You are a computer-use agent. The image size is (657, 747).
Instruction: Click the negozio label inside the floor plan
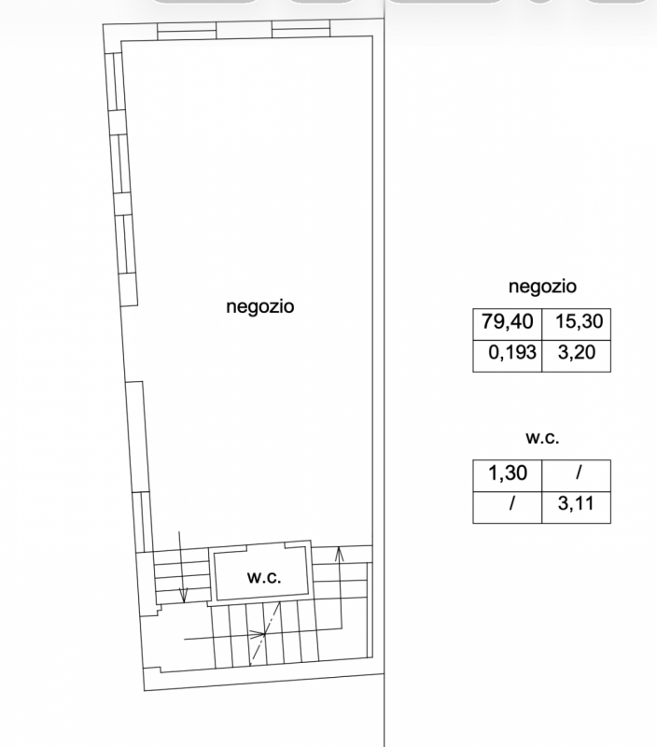coord(260,306)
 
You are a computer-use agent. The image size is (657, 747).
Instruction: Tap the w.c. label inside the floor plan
coord(264,577)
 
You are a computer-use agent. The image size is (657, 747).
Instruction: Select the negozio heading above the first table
coord(542,287)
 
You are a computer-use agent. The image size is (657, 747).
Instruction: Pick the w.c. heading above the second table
coord(542,438)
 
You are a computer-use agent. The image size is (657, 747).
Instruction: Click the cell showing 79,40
coord(508,321)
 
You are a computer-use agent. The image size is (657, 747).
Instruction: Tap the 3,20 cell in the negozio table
coord(577,353)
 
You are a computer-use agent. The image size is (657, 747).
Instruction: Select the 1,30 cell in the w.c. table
coord(508,473)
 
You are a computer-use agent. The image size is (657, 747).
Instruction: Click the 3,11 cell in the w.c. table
coord(576,503)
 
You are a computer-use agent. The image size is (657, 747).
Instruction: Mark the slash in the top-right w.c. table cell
coord(579,473)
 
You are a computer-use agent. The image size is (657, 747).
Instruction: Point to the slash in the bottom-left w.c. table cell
coord(511,503)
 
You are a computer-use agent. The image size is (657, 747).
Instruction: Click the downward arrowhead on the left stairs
coord(183,595)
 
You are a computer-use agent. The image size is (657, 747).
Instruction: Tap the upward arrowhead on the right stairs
coord(339,554)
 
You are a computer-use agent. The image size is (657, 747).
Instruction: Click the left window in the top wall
coord(187,30)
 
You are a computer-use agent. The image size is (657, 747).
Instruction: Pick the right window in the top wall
coord(301,28)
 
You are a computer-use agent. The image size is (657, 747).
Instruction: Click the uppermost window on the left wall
coord(115,81)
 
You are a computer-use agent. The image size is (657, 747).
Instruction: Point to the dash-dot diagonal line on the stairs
coord(266,633)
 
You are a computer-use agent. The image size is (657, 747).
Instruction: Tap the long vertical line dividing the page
coord(384,373)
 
